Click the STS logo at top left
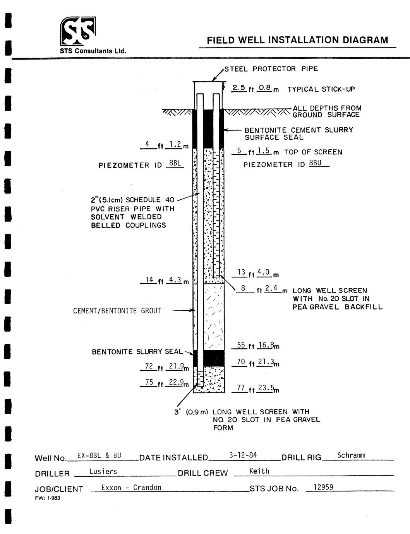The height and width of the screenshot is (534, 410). click(78, 31)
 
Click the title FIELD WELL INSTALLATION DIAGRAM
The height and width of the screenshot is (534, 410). click(297, 40)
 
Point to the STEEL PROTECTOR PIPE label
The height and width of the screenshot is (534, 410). click(271, 69)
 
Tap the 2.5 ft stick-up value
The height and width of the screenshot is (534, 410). click(238, 88)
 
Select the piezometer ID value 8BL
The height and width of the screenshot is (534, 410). click(175, 163)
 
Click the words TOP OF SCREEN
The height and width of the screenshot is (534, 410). click(313, 152)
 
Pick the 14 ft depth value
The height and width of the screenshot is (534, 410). click(149, 280)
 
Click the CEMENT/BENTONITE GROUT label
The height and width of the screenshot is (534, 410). click(117, 311)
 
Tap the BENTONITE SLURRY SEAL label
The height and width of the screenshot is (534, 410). click(137, 352)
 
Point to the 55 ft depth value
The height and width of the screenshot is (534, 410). click(241, 345)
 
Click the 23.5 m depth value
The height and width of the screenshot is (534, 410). click(266, 388)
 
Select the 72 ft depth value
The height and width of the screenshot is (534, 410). click(149, 366)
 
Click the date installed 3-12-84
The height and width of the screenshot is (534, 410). click(243, 455)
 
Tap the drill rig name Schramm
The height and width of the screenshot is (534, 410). click(351, 455)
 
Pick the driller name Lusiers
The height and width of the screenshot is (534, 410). click(103, 471)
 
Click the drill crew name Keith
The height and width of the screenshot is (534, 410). click(259, 471)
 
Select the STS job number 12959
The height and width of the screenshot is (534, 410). click(324, 487)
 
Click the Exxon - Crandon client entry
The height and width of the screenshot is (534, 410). click(131, 488)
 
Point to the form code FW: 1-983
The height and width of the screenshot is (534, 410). click(48, 498)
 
